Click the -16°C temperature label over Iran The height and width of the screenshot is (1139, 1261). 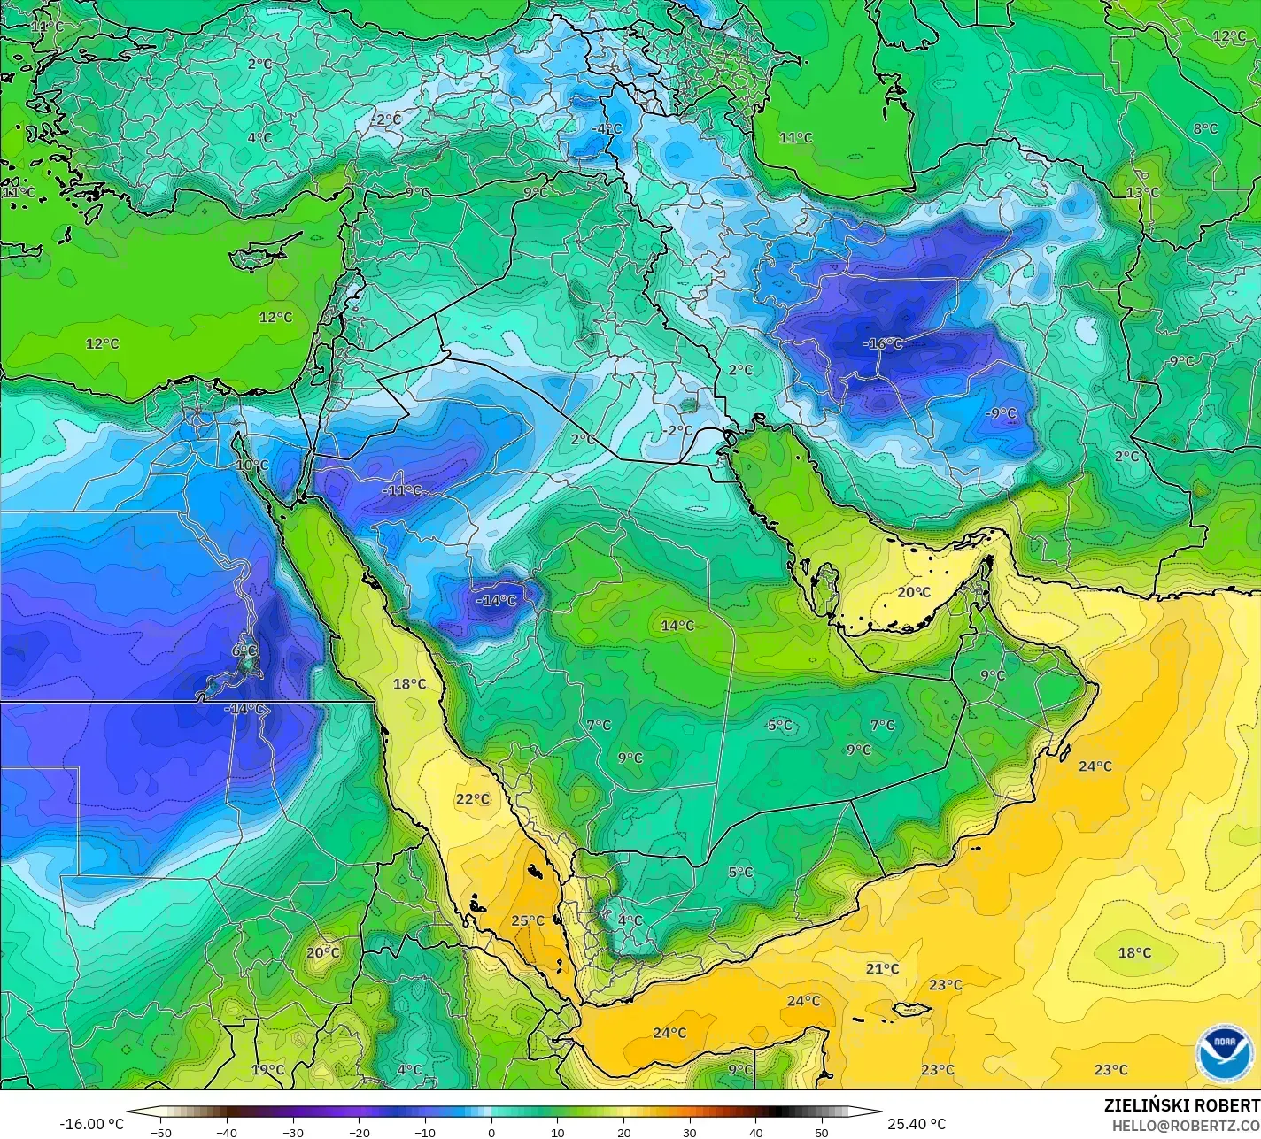(882, 343)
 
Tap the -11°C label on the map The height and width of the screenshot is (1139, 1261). (402, 490)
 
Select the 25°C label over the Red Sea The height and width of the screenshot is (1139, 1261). (528, 920)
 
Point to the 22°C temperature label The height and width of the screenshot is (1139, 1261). (473, 799)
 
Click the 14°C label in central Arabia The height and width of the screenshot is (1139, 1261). (677, 626)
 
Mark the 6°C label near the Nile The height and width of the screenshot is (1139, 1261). (244, 650)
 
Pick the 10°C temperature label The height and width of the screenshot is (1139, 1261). (251, 465)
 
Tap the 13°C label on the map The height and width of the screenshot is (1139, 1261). (1142, 193)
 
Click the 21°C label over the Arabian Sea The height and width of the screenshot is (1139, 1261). (882, 969)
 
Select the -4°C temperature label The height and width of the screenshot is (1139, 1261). (607, 128)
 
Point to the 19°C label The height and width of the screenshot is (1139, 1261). (267, 1070)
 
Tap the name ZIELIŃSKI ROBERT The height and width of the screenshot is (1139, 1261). (1181, 1105)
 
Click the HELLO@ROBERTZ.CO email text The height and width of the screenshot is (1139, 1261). (1186, 1126)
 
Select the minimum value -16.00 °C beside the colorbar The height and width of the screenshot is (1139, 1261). (91, 1124)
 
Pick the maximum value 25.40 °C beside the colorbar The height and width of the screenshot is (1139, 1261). (917, 1124)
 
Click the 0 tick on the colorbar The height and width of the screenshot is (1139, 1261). (491, 1132)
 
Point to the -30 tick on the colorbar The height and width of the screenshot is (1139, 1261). (293, 1132)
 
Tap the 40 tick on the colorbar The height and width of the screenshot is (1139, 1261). (755, 1132)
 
